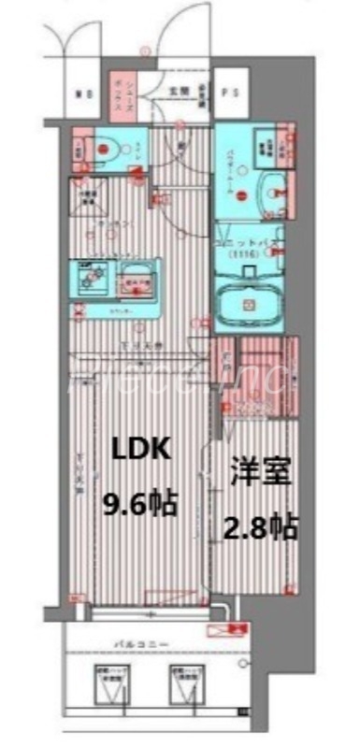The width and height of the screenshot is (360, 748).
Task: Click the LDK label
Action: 141,450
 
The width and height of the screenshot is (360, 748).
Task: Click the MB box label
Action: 82,93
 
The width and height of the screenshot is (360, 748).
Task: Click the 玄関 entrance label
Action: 179,92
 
